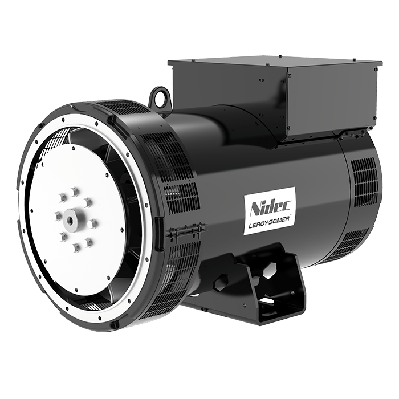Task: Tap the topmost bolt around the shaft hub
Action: pos(74,192)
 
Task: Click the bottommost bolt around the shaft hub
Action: pos(76,247)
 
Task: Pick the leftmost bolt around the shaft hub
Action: pos(58,217)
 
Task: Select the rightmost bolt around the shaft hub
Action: pos(92,223)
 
